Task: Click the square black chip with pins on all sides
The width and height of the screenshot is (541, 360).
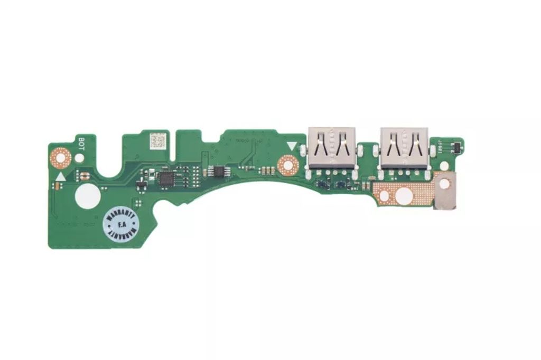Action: coord(166,178)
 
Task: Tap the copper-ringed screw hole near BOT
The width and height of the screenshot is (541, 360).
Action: coord(61,156)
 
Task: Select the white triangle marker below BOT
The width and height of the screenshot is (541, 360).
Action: coord(61,177)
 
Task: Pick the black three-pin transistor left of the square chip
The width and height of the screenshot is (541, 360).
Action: coord(142,184)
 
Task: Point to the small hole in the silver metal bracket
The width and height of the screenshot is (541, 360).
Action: coord(445,182)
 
